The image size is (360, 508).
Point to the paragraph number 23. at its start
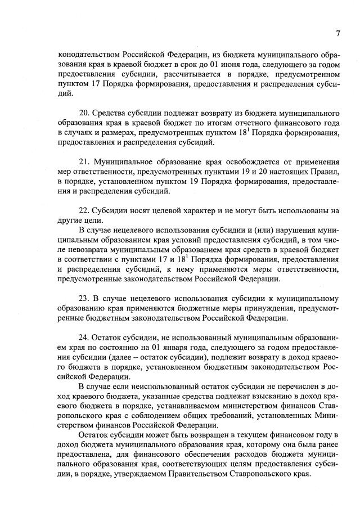pos(85,298)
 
